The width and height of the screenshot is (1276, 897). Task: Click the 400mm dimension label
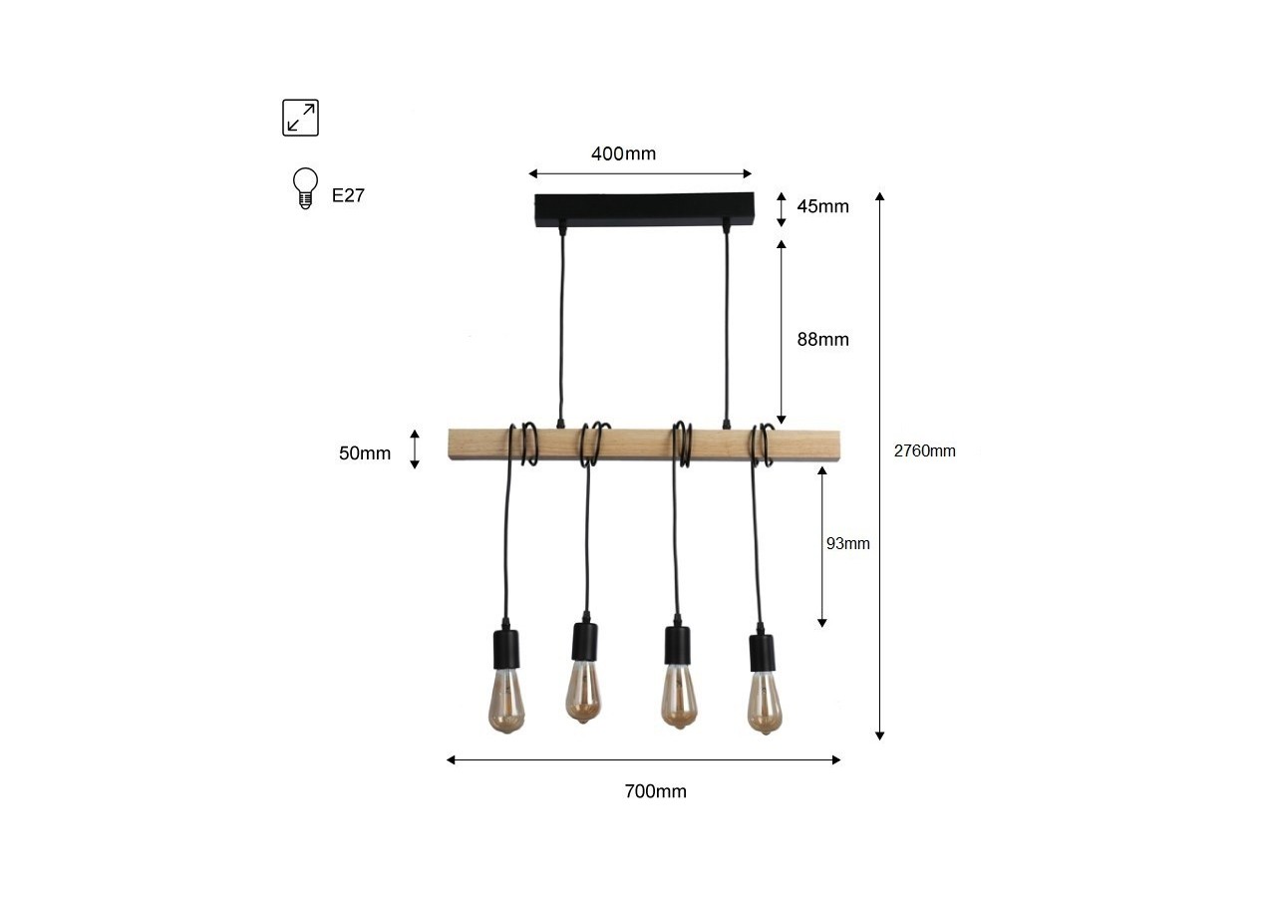coord(623,153)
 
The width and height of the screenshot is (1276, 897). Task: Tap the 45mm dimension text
coord(822,206)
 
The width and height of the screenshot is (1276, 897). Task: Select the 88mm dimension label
coord(822,339)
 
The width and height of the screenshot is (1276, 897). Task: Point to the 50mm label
coord(365,453)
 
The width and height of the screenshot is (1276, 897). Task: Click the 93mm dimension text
coord(848,543)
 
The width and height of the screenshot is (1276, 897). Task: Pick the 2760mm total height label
coord(924,450)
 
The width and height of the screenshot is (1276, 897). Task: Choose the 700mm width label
coord(655,791)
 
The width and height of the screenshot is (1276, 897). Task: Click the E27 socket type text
coord(348,195)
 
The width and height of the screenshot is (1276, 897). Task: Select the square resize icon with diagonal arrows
coord(300,118)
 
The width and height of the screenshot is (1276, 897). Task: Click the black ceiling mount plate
coord(645,209)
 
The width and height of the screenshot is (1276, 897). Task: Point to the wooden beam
coord(643,445)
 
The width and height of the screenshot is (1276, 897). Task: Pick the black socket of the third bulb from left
coord(678,647)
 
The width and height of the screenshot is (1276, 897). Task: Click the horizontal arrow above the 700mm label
coord(643,759)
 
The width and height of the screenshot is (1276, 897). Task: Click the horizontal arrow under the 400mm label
coord(640,174)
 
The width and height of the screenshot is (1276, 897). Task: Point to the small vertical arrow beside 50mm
coord(416,448)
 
